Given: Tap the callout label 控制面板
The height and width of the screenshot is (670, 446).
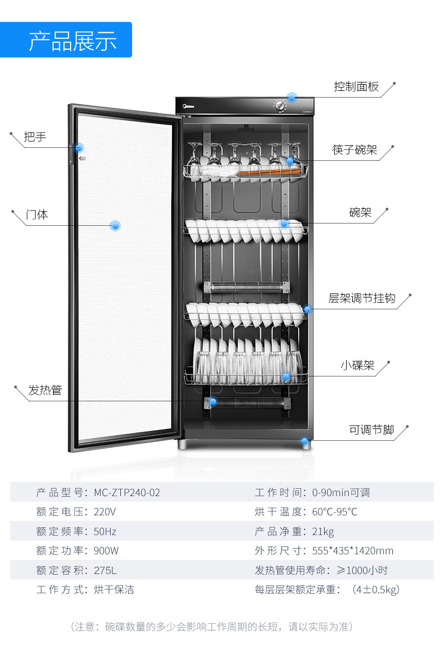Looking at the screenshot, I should coord(356,87).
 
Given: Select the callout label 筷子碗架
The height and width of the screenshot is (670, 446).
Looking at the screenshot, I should coord(355,150).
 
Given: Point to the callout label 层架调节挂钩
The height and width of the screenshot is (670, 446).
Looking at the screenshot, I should coord(362,298).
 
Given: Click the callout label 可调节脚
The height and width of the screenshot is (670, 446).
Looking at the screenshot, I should coord(371,430).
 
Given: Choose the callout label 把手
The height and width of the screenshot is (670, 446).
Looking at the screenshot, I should coord(35,137).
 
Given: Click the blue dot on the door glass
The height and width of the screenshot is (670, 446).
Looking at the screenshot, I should coord(115,226).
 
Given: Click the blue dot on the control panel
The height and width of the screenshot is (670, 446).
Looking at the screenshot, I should coord(292,97).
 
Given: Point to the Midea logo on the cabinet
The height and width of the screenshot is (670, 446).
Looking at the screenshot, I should coord(187,104).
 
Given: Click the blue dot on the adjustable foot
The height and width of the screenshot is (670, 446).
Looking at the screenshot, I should coord(305,441).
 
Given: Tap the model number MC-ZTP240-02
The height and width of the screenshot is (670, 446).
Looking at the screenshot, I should coord(127,493).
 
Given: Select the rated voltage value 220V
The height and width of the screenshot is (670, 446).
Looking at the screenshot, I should coord(105,512).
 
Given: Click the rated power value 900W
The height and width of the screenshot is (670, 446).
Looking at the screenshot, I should coord(107,551).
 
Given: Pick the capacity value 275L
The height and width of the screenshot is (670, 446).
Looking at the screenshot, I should coord(106,570).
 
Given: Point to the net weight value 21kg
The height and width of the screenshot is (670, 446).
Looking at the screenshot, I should coord(323,532).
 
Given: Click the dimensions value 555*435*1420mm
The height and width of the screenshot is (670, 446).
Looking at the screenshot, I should coord(353,551).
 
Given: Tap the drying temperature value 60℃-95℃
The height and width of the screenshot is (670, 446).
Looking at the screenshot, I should coord(335,512).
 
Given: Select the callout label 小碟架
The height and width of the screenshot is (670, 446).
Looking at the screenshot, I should coord(357,365).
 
